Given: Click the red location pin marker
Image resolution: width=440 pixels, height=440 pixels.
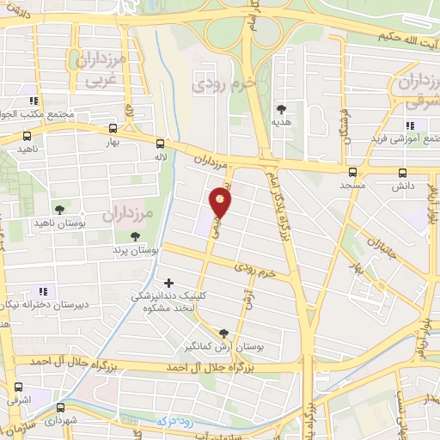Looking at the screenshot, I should (221, 202).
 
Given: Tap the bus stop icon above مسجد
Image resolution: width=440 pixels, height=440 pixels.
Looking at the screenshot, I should (352, 172).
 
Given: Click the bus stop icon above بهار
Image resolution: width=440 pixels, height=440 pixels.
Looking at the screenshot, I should (113, 130).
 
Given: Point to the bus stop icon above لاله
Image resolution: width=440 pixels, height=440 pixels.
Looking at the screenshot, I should (161, 144).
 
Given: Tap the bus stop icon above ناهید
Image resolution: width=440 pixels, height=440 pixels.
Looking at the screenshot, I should (27, 136).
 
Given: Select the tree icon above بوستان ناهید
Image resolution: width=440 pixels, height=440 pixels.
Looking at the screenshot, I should (59, 209).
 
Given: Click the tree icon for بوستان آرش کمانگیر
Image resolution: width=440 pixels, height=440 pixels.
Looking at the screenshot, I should (224, 334).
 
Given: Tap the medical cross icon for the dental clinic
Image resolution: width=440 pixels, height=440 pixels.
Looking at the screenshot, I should (168, 282).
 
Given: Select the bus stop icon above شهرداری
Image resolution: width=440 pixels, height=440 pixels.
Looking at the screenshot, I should (60, 407).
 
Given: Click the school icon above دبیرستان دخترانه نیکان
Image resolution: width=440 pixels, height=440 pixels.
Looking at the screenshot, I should (42, 291).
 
